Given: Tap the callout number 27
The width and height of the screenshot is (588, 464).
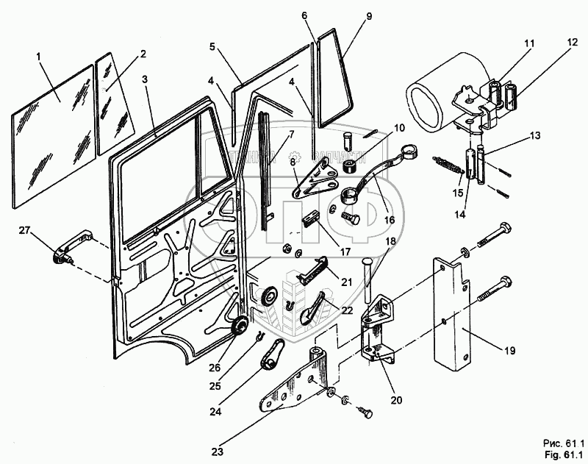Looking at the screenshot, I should click(x=25, y=231).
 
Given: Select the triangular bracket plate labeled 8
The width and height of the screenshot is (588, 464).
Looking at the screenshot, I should click(x=313, y=181).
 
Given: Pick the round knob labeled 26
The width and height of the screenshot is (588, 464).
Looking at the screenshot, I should click(x=238, y=328).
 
